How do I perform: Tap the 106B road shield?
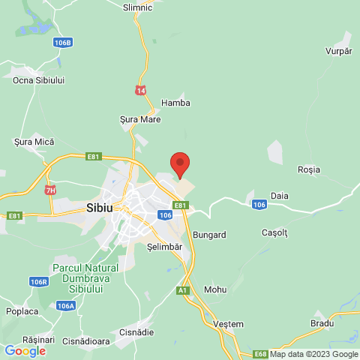tap(63, 43)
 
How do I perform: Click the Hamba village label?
tap(176, 103)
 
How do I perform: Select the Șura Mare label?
tap(140, 118)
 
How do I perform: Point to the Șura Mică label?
tap(34, 141)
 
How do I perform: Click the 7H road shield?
tap(50, 190)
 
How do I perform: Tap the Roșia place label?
tap(308, 170)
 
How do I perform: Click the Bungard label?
tap(209, 235)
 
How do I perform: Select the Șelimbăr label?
tap(165, 247)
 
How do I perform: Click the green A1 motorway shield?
tap(182, 289)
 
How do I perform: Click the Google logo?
tap(25, 350)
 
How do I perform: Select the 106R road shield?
tap(39, 282)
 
